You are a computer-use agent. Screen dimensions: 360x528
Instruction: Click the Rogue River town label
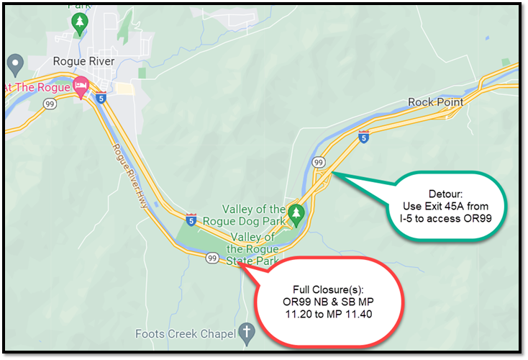84,61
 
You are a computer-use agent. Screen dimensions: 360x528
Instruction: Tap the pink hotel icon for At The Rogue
82,86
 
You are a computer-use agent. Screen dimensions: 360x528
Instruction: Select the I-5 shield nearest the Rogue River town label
101,96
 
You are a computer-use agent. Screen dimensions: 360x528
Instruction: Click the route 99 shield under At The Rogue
50,104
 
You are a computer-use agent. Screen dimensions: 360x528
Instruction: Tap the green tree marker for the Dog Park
296,213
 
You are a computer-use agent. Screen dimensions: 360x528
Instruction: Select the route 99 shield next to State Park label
212,258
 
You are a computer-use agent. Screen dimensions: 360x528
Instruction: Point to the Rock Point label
435,102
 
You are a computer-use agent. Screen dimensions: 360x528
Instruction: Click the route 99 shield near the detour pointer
318,163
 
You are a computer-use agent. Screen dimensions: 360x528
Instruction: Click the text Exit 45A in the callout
450,206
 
